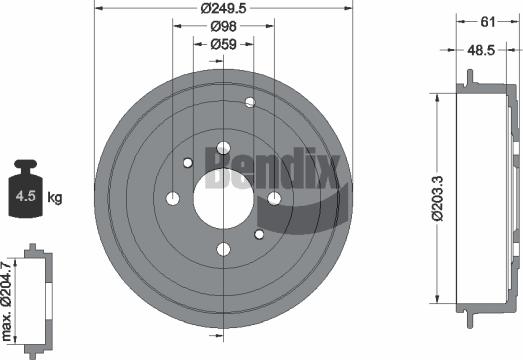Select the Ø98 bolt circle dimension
click(x=222, y=28)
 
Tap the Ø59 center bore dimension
click(x=222, y=45)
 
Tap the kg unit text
click(x=54, y=199)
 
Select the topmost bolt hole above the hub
click(x=222, y=147)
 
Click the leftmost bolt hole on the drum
click(x=172, y=198)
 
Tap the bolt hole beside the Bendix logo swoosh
click(x=273, y=198)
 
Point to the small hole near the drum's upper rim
click(x=250, y=102)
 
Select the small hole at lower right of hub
click(x=259, y=234)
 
